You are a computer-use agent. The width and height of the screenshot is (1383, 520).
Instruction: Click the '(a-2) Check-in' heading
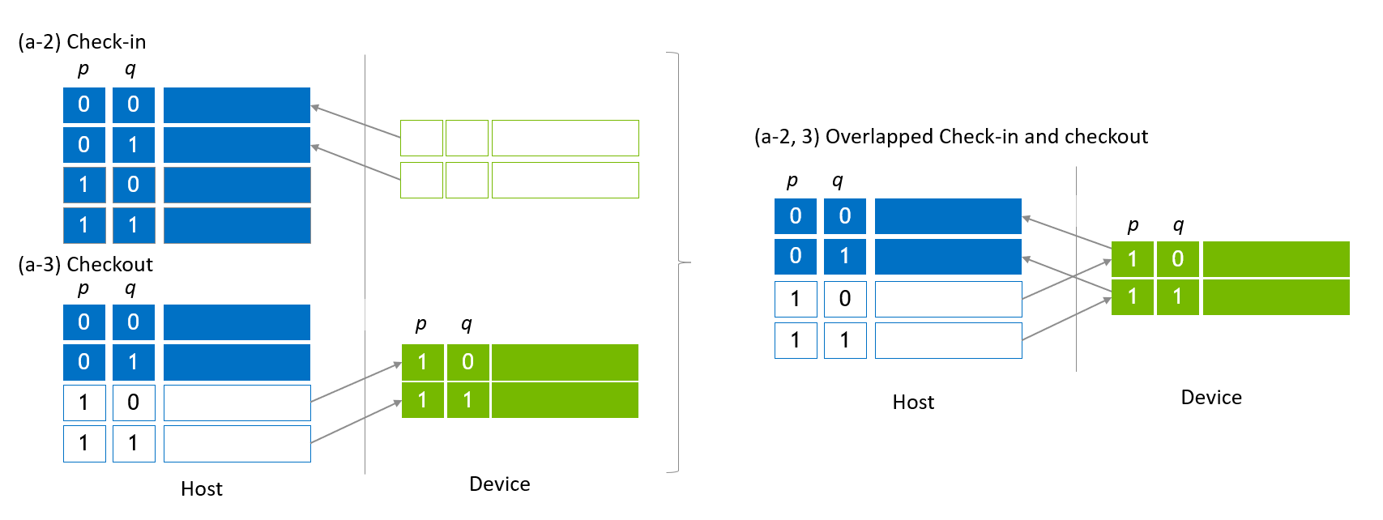[82, 41]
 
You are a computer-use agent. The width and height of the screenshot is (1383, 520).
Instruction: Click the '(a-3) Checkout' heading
[85, 264]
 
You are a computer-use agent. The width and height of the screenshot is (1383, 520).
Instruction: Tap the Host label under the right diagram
[913, 402]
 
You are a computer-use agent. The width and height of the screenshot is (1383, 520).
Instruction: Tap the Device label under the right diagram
[1210, 397]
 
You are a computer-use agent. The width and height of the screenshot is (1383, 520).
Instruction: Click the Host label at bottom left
[201, 488]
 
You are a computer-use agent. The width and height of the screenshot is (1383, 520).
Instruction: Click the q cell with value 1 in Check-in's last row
[134, 225]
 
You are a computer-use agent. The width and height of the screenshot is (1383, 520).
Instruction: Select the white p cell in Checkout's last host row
[84, 443]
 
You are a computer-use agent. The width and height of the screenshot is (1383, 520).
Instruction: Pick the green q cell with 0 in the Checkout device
[467, 362]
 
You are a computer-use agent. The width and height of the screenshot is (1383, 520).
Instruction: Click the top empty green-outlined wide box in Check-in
[565, 138]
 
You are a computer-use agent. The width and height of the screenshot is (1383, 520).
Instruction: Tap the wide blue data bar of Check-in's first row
[237, 104]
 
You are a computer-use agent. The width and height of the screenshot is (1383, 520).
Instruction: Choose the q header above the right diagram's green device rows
[1178, 224]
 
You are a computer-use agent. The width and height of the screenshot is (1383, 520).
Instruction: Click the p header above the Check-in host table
[83, 69]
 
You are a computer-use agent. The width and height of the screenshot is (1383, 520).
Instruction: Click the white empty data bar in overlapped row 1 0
[948, 299]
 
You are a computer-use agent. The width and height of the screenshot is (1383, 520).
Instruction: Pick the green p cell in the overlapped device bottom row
[1132, 297]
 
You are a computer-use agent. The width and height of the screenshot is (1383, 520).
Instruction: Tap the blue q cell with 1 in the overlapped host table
[844, 256]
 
